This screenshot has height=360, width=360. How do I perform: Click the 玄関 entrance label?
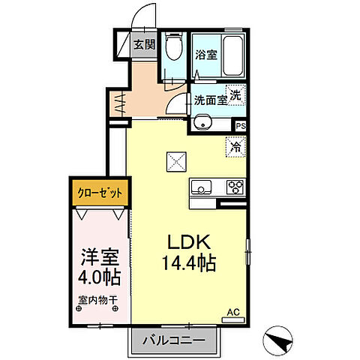click(145, 44)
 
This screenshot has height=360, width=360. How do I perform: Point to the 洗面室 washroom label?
click(210, 100)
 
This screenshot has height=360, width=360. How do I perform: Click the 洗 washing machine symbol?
click(235, 95)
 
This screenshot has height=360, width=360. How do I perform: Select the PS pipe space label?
click(240, 126)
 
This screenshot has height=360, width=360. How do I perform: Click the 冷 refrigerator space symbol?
click(235, 146)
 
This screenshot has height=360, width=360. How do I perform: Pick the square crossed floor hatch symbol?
click(175, 161)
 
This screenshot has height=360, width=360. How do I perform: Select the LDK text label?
click(188, 243)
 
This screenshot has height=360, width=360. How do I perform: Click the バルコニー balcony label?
click(177, 340)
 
